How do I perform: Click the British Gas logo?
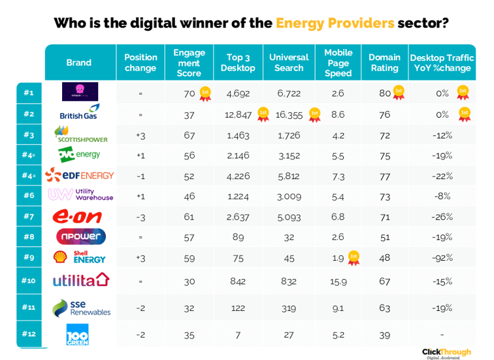click(x=78, y=113)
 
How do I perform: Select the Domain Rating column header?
click(x=385, y=63)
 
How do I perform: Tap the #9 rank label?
click(x=28, y=257)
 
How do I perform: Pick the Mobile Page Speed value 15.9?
click(x=338, y=281)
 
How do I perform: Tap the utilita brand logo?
click(x=80, y=281)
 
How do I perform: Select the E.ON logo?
click(x=79, y=217)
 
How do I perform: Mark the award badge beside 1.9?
click(x=354, y=256)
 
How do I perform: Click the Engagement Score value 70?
click(x=189, y=93)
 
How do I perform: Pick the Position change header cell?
click(x=140, y=63)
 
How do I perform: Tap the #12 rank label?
click(x=28, y=335)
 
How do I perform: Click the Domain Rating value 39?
click(x=385, y=335)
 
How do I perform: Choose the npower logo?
click(x=79, y=237)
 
